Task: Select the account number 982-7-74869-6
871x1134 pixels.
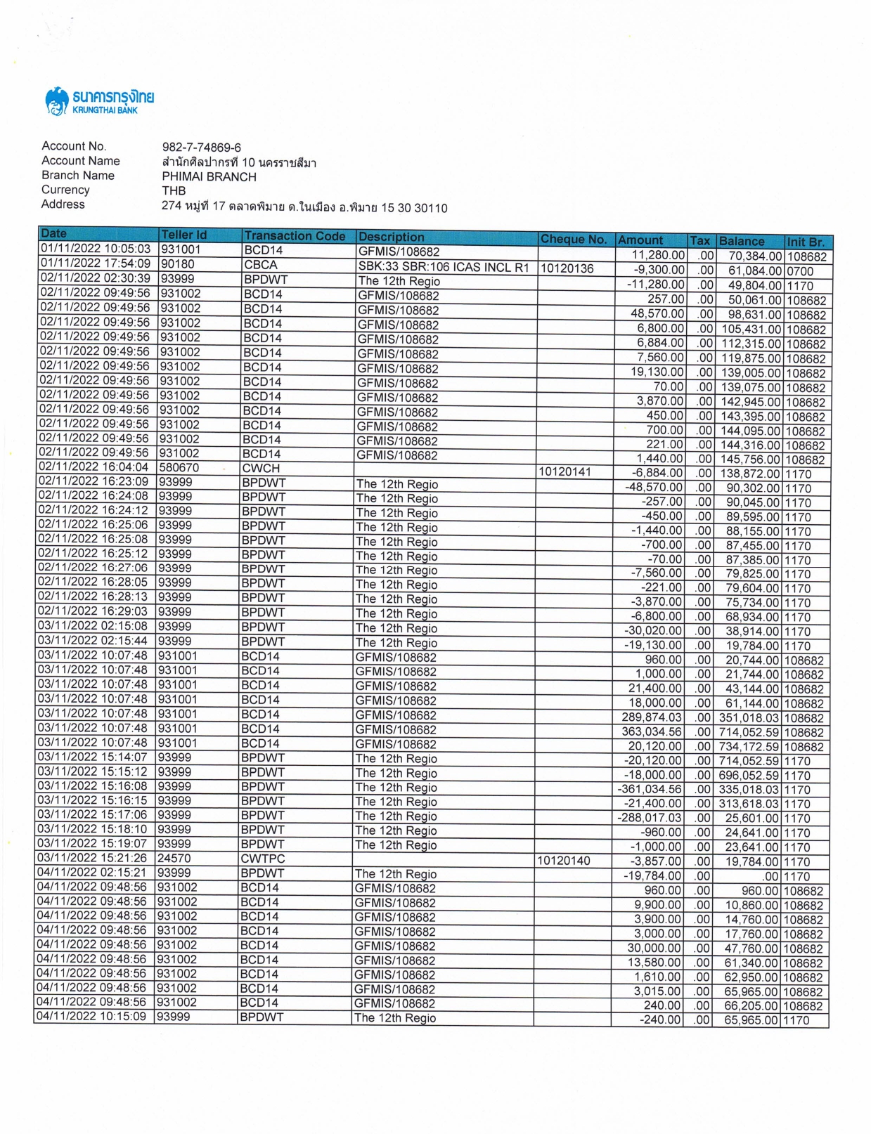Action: (x=201, y=148)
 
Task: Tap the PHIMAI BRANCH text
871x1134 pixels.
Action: (x=209, y=177)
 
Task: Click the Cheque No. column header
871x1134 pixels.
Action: (x=573, y=240)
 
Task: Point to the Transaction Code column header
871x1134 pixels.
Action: (x=295, y=236)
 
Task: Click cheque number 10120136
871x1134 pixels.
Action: (x=567, y=268)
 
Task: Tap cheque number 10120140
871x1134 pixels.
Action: (x=563, y=861)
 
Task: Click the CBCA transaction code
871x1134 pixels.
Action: (x=261, y=265)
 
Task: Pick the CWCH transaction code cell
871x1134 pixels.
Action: (x=261, y=468)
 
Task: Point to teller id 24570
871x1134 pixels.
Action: (x=174, y=858)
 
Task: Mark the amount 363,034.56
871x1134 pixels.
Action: (x=651, y=731)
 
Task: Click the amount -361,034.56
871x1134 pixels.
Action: (x=650, y=789)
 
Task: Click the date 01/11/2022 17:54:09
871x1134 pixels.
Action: (x=96, y=263)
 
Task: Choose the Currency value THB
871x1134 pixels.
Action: (x=174, y=191)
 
